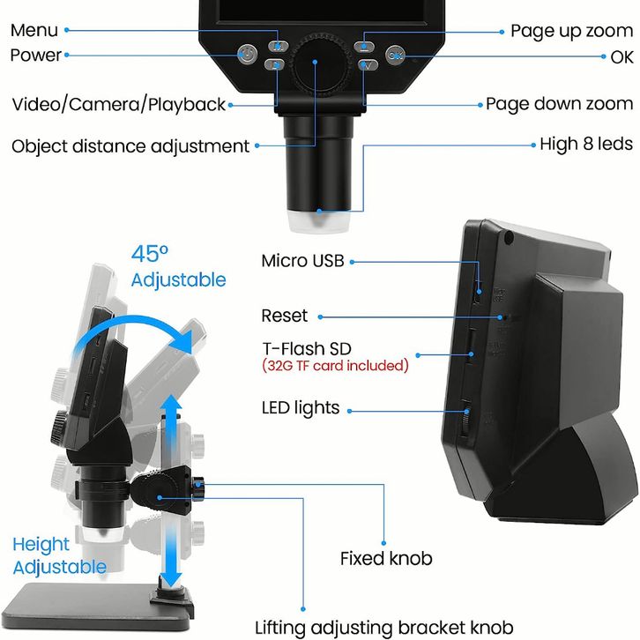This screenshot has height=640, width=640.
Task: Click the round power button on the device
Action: point(248,54)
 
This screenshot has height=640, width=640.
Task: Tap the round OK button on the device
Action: point(395,56)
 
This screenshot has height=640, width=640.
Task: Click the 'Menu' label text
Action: point(34,30)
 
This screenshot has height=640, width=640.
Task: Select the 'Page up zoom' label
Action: point(572,32)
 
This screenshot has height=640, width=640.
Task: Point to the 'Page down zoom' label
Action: point(559,104)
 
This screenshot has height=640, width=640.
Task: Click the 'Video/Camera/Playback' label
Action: point(119,105)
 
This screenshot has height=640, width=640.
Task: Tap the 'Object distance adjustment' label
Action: point(130,146)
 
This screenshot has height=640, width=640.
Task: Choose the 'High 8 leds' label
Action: point(586,144)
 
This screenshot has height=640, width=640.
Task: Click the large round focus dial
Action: point(321,65)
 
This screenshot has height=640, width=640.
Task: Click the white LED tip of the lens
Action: point(319,221)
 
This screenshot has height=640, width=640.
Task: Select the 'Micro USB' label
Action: point(303,261)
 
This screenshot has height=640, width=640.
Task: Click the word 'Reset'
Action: point(285,316)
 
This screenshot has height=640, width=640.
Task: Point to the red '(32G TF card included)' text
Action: point(335,365)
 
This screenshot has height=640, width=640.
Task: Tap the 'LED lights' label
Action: point(301,408)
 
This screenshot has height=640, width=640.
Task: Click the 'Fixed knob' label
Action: point(386,558)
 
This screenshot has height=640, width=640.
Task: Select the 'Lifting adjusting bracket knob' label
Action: point(384,628)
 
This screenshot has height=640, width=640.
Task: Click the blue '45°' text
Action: point(149,254)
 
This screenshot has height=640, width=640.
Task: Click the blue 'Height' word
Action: point(41,545)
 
